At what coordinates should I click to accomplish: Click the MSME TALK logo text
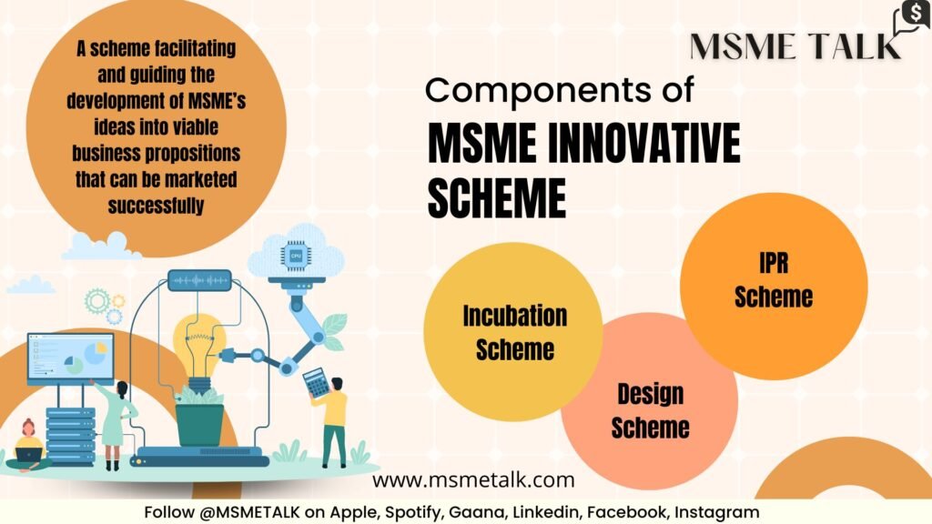tap(795, 46)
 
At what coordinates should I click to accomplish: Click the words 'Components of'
tap(560, 90)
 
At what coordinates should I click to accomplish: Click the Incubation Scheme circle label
tap(515, 332)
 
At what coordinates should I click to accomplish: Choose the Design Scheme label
tap(650, 410)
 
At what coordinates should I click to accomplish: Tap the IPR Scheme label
tap(774, 280)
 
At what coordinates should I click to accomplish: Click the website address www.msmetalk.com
tap(473, 480)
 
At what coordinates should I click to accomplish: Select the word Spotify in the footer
tap(414, 512)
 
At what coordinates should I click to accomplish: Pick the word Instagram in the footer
tap(717, 512)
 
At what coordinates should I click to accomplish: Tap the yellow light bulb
tap(199, 348)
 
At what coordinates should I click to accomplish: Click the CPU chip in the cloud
tap(296, 256)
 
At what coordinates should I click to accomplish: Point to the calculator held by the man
tap(316, 382)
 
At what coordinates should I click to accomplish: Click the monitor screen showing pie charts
tap(71, 358)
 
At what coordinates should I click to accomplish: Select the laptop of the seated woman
tap(29, 455)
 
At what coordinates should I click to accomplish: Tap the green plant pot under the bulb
tap(199, 424)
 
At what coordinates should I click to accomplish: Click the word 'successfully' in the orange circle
tap(156, 206)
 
